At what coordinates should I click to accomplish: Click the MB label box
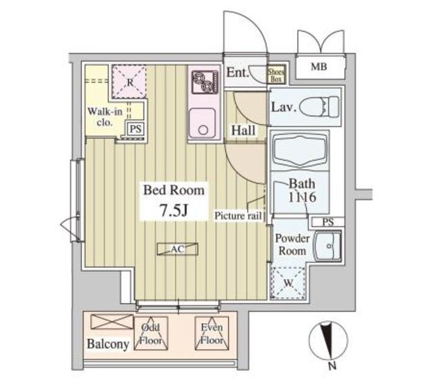[317, 67]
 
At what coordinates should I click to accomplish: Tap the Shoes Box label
[276, 74]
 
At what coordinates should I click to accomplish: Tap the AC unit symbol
[177, 249]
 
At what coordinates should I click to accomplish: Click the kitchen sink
[202, 123]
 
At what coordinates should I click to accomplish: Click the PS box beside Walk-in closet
[135, 128]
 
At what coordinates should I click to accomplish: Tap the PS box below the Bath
[327, 221]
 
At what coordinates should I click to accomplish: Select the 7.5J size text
[173, 210]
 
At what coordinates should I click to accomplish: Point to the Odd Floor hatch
[151, 334]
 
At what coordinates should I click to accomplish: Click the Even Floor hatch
[211, 334]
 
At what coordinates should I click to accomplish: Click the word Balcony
[108, 344]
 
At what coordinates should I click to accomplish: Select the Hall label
[243, 130]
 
